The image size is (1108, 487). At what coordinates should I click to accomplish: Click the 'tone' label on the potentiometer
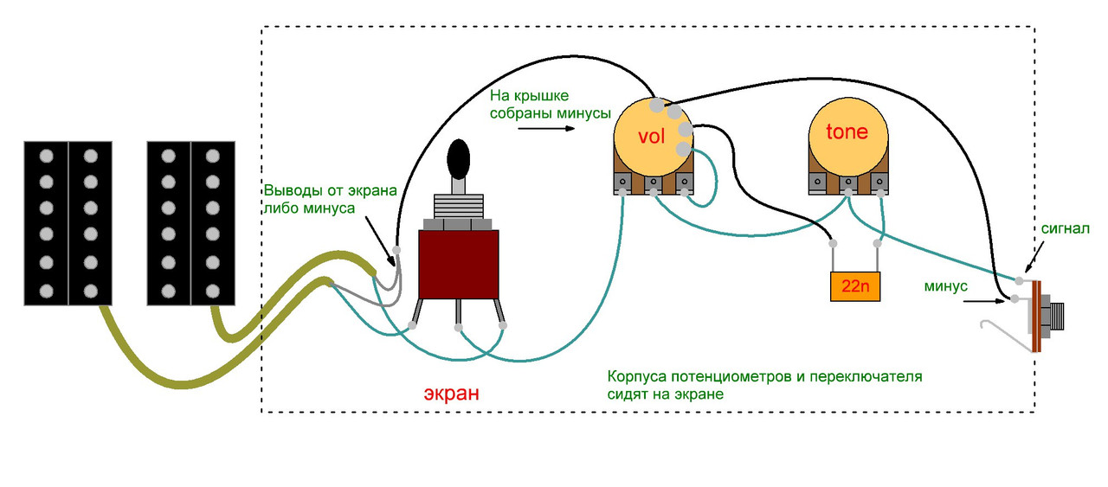[846, 132]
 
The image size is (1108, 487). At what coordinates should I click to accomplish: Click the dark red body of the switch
[458, 264]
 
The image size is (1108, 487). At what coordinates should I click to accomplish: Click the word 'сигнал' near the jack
[1065, 230]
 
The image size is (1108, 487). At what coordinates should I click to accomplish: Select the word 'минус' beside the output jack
[945, 285]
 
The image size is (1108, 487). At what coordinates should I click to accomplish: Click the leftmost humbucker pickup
[68, 222]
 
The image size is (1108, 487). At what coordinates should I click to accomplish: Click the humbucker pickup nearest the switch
[190, 222]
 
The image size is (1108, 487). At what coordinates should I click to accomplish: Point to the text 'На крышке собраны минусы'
[550, 104]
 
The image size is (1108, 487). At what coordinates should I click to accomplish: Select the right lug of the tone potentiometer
[879, 183]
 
